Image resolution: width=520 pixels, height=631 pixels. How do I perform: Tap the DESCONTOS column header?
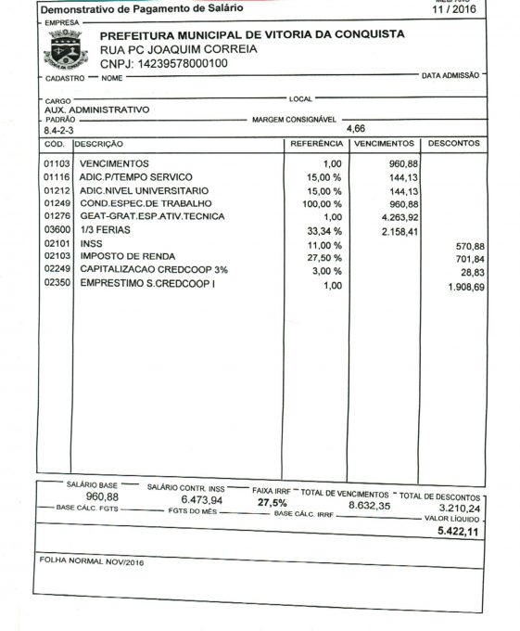click(x=452, y=144)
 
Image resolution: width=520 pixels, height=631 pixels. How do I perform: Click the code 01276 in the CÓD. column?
click(x=57, y=216)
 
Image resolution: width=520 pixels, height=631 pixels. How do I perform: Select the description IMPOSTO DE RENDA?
click(x=126, y=256)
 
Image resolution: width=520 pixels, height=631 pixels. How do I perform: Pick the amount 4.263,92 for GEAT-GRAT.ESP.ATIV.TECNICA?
click(x=398, y=217)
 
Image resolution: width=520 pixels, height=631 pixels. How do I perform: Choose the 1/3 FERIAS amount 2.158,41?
click(x=400, y=231)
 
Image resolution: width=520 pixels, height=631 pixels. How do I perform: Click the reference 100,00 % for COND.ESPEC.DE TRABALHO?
click(x=323, y=203)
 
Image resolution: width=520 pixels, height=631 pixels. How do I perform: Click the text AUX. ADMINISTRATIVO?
click(x=96, y=109)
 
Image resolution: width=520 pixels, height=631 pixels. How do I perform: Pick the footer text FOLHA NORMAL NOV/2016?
click(x=92, y=561)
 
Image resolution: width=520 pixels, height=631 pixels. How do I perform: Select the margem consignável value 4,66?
click(x=356, y=129)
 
